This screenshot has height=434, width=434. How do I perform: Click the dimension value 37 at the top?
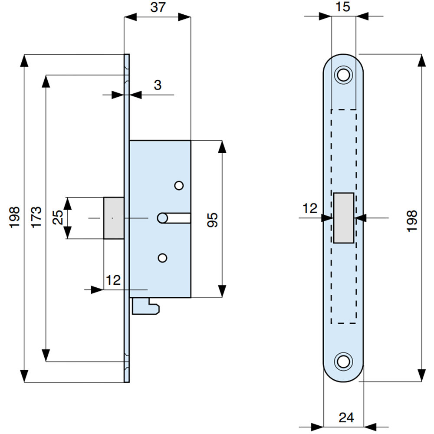(158, 7)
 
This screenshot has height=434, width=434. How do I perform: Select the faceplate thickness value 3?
(158, 85)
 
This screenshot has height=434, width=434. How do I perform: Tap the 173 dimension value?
(36, 217)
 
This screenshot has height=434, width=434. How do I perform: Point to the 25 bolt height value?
(58, 217)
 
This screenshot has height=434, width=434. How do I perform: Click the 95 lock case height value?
(213, 220)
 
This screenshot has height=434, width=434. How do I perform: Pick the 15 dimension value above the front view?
(343, 7)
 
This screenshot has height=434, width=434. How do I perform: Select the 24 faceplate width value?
(346, 418)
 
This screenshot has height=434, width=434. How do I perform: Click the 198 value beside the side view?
(15, 217)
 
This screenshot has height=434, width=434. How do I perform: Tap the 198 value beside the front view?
(412, 221)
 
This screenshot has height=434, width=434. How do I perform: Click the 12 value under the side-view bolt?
(113, 280)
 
